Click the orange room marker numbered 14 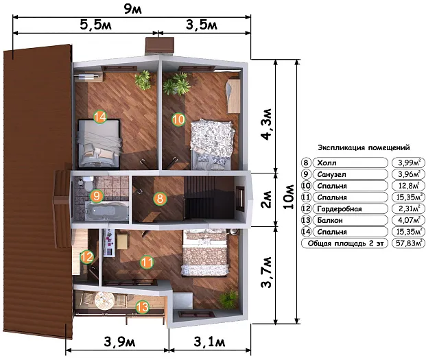tap(100, 117)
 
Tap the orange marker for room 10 tap(178, 119)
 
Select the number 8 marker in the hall tap(160, 198)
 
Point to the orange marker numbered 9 tap(97, 196)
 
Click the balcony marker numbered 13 tap(143, 307)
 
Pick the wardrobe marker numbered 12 tap(87, 257)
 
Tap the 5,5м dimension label tap(95, 25)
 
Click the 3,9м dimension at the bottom tap(119, 341)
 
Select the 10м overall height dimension tap(289, 197)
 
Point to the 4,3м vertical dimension tap(267, 124)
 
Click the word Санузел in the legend tap(331, 174)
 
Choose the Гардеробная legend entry tap(340, 208)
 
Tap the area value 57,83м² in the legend tap(408, 243)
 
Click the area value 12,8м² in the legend tap(408, 186)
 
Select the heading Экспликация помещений tap(364, 147)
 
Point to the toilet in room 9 tap(88, 183)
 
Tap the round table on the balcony tap(104, 300)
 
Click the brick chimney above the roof tap(159, 46)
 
